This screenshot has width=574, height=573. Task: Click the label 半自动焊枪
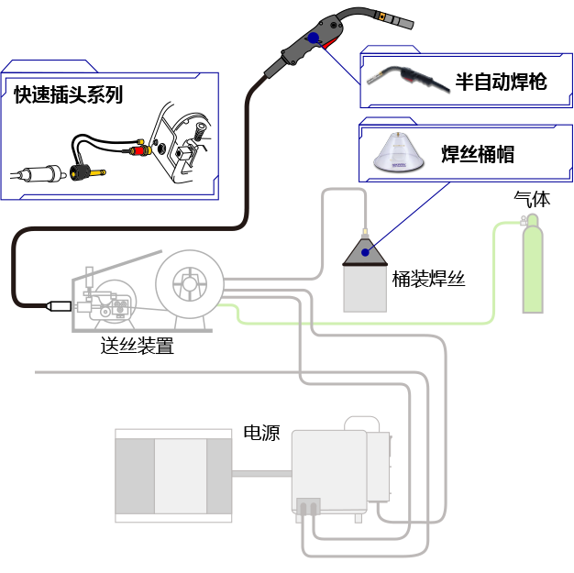pos(501,82)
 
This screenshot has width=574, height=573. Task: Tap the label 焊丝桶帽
pos(478,154)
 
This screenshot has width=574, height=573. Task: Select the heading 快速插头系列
pos(67,94)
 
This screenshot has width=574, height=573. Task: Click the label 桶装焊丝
pos(428,279)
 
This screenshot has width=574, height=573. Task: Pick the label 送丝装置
pos(137,346)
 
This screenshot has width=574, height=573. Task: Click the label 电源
pos(261,434)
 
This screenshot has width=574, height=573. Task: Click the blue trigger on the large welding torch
pos(315,39)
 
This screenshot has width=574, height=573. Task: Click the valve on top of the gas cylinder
pos(526,221)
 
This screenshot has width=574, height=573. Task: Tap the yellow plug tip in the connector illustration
pos(98,171)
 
